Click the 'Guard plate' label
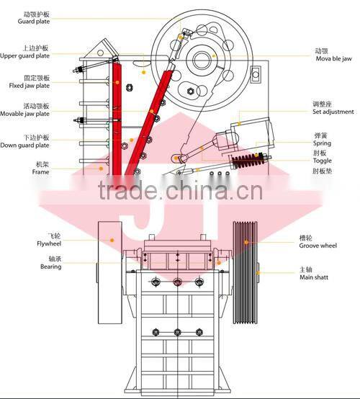coord(33,22)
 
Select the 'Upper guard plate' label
coord(25,55)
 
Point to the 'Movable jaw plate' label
coord(25,113)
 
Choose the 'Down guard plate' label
coord(25,145)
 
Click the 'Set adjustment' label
coord(333,112)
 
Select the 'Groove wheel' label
coord(318,246)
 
